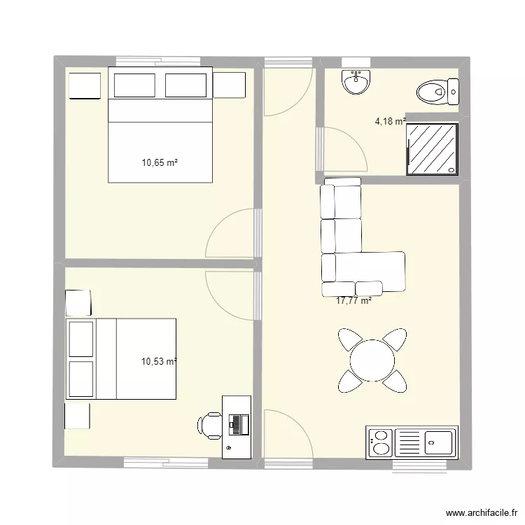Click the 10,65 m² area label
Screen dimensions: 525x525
tap(160, 162)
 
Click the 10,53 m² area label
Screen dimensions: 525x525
tap(159, 362)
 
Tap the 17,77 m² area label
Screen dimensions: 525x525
tap(353, 301)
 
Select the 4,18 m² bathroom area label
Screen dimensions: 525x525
tap(391, 121)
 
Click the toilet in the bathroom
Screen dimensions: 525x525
tap(437, 92)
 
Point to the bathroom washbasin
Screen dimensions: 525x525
tap(356, 82)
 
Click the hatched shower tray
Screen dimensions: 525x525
tap(432, 149)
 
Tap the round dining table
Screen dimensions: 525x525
tap(372, 360)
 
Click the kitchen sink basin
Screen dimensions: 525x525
tap(438, 442)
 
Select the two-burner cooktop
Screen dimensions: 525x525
tap(380, 442)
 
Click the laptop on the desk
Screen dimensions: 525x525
tap(239, 425)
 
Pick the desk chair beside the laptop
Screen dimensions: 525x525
tap(209, 425)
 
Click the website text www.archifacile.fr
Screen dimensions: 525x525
tap(482, 512)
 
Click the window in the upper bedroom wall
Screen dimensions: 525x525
tap(158, 62)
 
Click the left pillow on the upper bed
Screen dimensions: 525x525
tap(134, 85)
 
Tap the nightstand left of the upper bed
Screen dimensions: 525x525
tap(85, 85)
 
